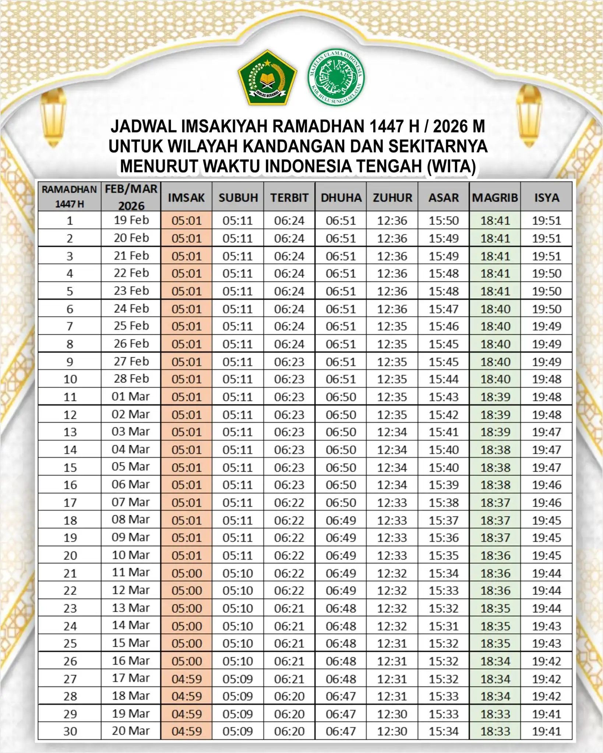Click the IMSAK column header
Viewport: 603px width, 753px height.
(186, 197)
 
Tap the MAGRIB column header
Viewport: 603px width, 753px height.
(495, 197)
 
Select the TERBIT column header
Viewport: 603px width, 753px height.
(289, 197)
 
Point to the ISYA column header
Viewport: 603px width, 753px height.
(546, 197)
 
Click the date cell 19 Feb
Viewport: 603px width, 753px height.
(131, 220)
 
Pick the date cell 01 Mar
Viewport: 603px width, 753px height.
(131, 396)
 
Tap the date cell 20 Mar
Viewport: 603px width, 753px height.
(131, 731)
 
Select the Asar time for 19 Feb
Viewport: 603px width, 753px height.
(444, 221)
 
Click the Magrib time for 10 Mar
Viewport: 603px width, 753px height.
(495, 555)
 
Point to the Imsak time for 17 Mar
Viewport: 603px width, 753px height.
(187, 679)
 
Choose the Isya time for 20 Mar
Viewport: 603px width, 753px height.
(547, 731)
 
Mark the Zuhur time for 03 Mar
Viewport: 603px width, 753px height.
(392, 432)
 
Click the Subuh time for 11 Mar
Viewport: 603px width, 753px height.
(238, 573)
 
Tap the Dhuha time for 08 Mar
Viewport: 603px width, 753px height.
(341, 520)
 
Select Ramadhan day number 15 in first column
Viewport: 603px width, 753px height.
(70, 467)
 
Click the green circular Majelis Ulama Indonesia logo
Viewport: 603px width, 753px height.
(336, 78)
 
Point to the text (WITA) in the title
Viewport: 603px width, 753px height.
(451, 166)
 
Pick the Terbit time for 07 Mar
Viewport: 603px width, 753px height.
(289, 503)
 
